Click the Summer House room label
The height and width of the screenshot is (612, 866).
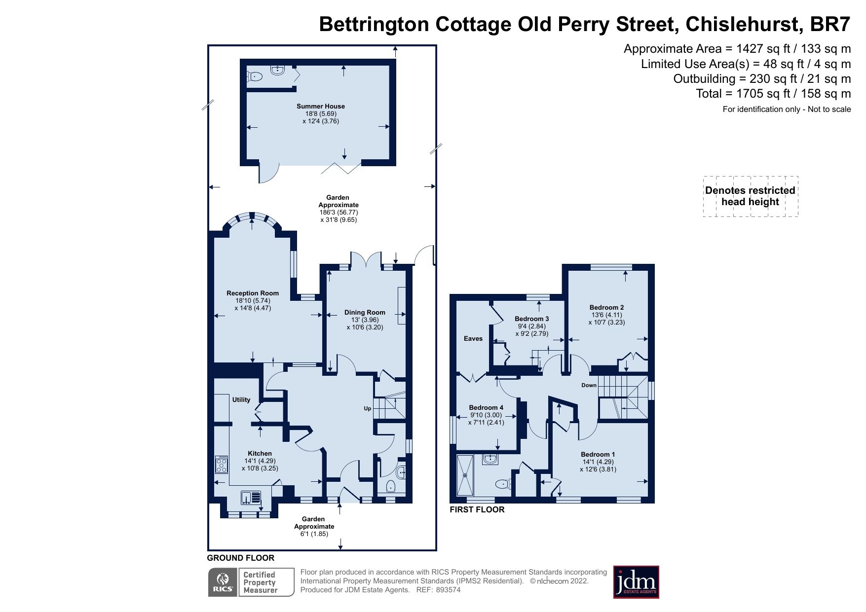click(x=320, y=106)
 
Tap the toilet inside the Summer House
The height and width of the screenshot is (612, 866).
click(x=254, y=76)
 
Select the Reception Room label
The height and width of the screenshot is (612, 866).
click(x=253, y=293)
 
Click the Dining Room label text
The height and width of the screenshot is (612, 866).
click(x=365, y=312)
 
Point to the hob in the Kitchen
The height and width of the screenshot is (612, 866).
click(x=222, y=465)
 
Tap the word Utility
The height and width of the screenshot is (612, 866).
click(x=241, y=399)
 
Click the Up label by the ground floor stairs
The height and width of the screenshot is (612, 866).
click(x=367, y=408)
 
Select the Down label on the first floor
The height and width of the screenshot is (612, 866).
click(x=589, y=385)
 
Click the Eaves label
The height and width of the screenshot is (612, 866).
click(x=473, y=338)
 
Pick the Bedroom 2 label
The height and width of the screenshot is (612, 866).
click(x=606, y=307)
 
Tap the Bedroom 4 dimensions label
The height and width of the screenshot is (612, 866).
click(x=486, y=419)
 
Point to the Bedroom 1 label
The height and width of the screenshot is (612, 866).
click(x=598, y=454)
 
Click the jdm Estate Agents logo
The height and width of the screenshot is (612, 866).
click(x=636, y=582)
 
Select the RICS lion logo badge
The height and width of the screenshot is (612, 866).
click(x=223, y=582)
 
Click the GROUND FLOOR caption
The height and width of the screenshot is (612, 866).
click(x=240, y=558)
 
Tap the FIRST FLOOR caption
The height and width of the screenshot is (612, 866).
click(x=477, y=509)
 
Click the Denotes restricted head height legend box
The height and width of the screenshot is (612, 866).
click(x=750, y=196)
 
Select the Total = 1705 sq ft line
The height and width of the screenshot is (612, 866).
click(x=773, y=94)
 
